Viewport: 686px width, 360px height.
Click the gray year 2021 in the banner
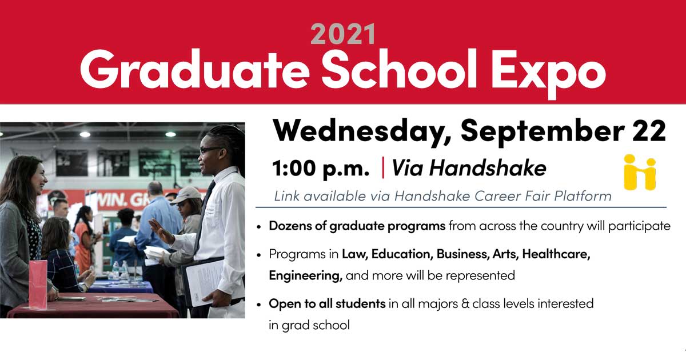(343, 34)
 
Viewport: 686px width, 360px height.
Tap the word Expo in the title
(548, 73)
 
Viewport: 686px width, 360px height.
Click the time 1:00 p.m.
(321, 169)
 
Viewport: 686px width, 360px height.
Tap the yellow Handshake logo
(640, 173)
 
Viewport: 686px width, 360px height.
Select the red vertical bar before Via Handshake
(383, 167)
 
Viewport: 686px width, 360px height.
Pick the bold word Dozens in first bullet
(290, 226)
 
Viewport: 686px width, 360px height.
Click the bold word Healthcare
(556, 254)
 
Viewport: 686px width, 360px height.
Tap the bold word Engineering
(306, 276)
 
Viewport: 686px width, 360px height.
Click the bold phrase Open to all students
(327, 303)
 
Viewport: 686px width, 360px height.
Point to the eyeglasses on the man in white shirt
(211, 150)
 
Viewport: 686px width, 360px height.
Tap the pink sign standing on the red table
(38, 285)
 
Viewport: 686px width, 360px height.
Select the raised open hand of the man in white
(160, 230)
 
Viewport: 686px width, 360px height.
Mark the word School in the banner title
(400, 69)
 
